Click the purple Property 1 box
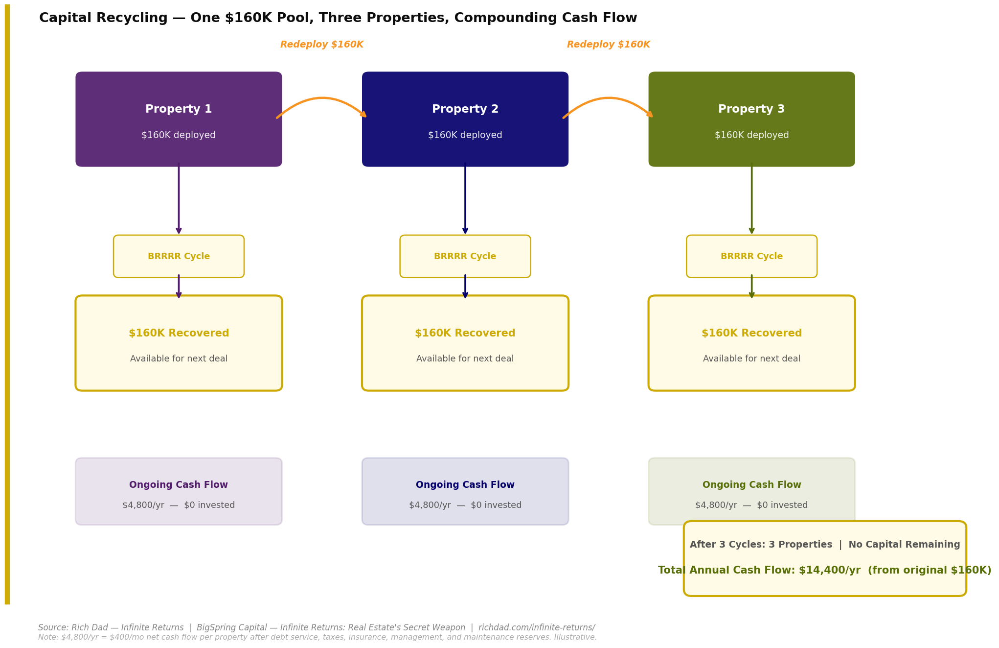tap(179, 120)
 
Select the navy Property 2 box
tap(465, 120)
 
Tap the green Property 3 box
tap(751, 120)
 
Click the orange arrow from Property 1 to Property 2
tap(321, 99)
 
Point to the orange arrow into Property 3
tap(608, 99)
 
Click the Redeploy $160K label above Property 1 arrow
tap(321, 45)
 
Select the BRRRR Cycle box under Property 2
tap(465, 256)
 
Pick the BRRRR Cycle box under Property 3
tap(751, 256)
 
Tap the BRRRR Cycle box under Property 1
tap(179, 256)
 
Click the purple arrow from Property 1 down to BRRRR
tap(179, 198)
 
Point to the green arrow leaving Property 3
tap(751, 198)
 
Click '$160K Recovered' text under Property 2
tap(465, 333)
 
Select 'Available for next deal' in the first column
tap(179, 359)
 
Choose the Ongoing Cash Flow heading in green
tap(751, 485)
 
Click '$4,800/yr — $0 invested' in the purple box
tap(179, 505)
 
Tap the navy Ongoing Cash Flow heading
tap(465, 485)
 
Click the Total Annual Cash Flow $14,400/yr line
tap(824, 570)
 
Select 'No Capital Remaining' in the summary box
tap(904, 545)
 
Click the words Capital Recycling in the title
tap(103, 18)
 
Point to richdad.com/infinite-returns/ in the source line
tap(536, 627)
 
